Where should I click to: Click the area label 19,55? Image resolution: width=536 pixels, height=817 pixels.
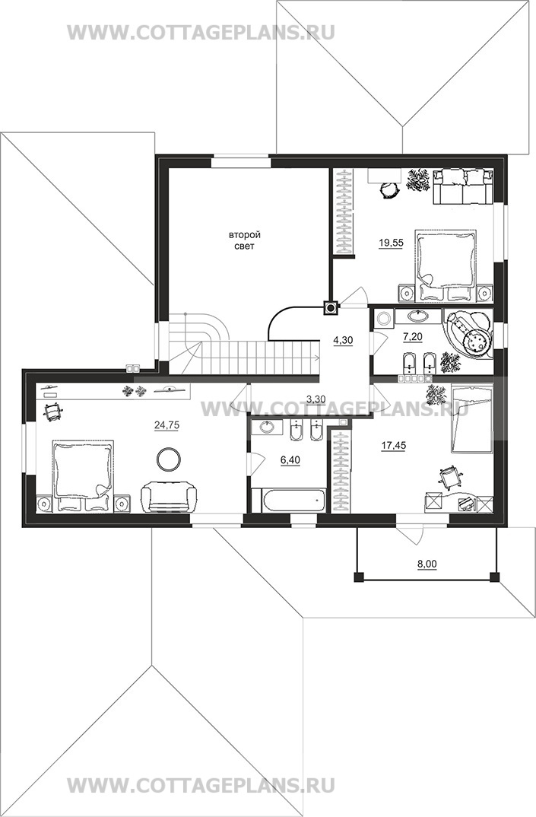(x=391, y=243)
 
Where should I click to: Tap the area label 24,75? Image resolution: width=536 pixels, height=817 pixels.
(x=167, y=425)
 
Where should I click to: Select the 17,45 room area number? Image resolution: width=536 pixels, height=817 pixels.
(x=394, y=446)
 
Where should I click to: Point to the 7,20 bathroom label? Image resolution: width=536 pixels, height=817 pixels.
(x=413, y=337)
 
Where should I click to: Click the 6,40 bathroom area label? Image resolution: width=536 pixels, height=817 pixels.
(x=290, y=459)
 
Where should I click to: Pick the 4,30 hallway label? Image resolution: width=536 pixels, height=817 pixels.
(x=344, y=340)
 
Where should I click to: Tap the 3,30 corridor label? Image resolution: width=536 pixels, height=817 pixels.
(x=316, y=399)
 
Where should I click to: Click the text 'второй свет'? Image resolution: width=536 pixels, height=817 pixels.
(x=244, y=240)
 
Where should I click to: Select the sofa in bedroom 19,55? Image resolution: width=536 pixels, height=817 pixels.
(x=463, y=186)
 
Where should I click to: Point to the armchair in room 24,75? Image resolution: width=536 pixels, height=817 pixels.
(x=170, y=497)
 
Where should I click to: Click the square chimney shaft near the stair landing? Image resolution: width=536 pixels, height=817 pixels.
(x=330, y=308)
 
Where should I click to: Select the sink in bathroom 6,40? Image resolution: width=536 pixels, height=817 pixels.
(x=267, y=427)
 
